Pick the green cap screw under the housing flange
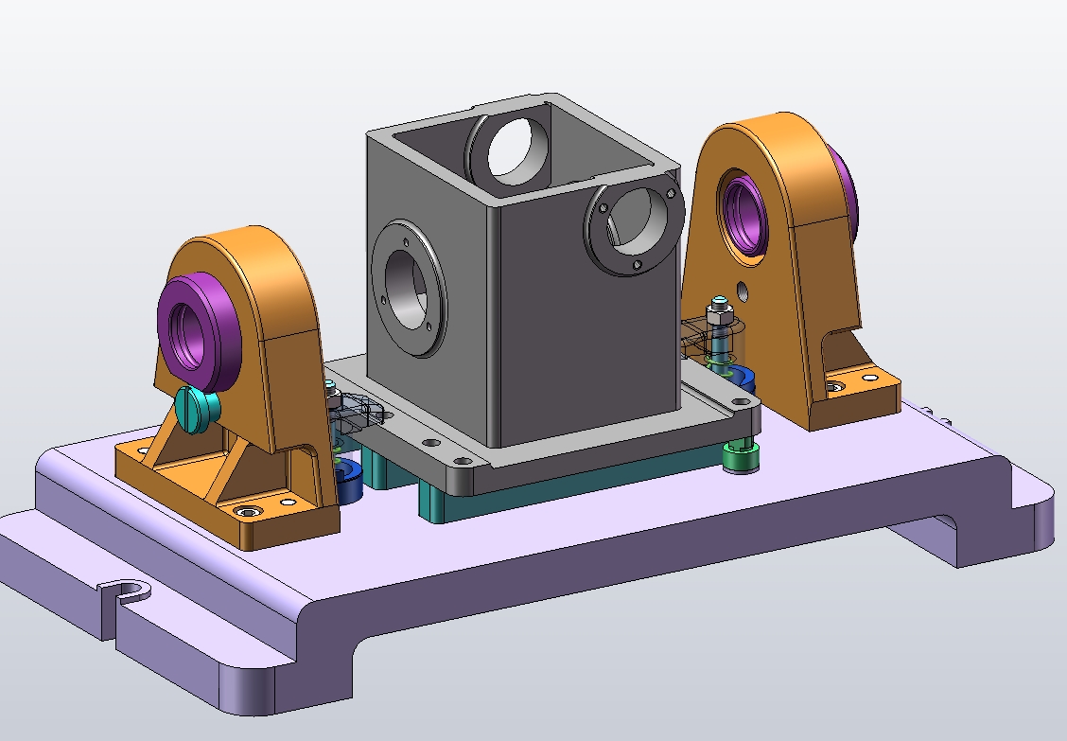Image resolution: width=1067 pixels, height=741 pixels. pyautogui.click(x=739, y=456)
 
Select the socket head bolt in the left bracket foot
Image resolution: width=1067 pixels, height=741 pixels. pyautogui.click(x=250, y=511)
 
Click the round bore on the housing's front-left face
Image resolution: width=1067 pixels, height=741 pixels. pyautogui.click(x=406, y=288)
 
